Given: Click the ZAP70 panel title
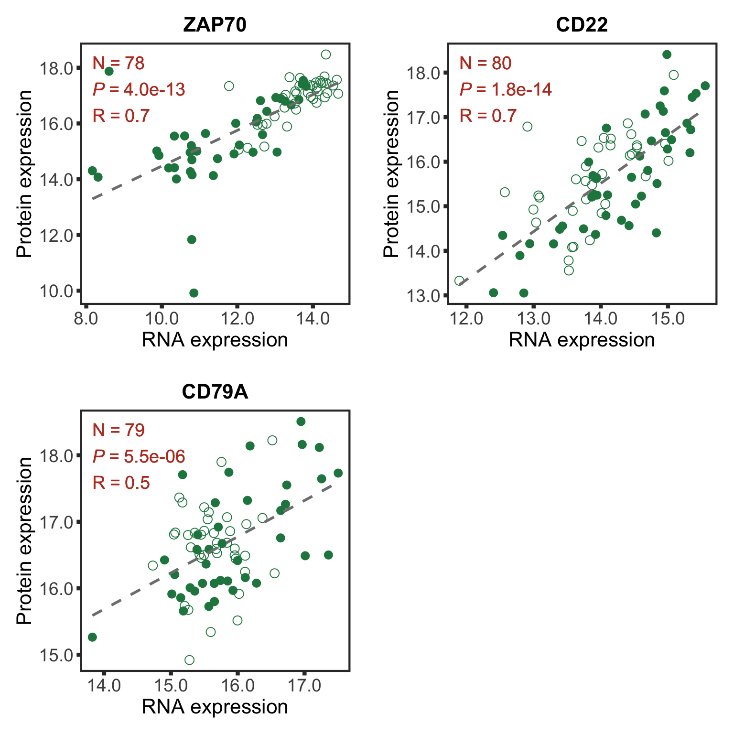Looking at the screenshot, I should pos(215,25).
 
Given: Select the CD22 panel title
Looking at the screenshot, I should pos(582,25).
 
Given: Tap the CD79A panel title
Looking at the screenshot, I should pos(215,392).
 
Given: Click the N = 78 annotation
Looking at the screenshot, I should pos(119,63).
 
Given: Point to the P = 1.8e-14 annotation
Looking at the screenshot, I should pos(506,89).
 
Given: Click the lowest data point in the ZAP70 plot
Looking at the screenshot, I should pos(194,293).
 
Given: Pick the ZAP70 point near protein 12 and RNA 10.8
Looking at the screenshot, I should pos(192,239).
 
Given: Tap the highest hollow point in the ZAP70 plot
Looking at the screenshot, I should pos(326,54).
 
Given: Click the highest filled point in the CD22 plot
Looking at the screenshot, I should pos(667,54).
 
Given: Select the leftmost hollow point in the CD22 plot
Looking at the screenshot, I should pos(459,281).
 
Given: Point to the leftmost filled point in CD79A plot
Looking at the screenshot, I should pos(92,637).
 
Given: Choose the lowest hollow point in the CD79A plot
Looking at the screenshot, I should pos(189,660).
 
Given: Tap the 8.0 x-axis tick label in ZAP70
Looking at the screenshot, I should pos(86,318).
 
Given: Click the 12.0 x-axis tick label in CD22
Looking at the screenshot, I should pos(466,318).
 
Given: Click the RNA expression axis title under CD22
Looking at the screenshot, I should pos(582,340).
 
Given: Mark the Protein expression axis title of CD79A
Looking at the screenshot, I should pos(24,540).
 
